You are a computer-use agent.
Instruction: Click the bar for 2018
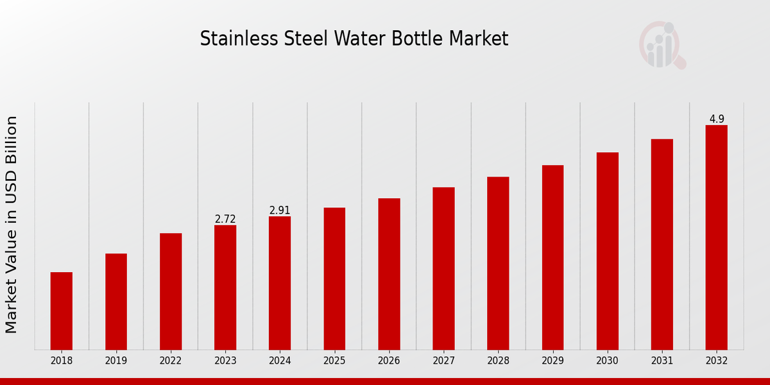tap(62, 311)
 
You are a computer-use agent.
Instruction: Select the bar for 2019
tap(116, 302)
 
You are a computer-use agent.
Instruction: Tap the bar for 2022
tap(171, 291)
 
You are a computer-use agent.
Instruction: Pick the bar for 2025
tap(334, 278)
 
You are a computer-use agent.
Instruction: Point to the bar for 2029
tap(552, 257)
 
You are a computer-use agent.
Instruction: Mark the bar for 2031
tap(662, 244)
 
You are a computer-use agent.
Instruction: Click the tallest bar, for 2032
tap(716, 237)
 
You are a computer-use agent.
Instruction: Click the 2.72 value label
tap(225, 219)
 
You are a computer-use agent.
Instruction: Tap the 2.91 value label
tap(280, 210)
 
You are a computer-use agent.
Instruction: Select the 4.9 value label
tap(717, 119)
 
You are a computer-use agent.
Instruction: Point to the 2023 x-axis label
tap(225, 361)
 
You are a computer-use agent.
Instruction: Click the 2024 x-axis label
tap(280, 361)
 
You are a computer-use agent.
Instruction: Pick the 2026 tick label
tap(389, 361)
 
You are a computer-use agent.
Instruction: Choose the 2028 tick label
tap(498, 361)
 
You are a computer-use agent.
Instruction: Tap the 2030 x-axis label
tap(607, 361)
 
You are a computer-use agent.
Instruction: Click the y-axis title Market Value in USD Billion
tap(12, 225)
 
